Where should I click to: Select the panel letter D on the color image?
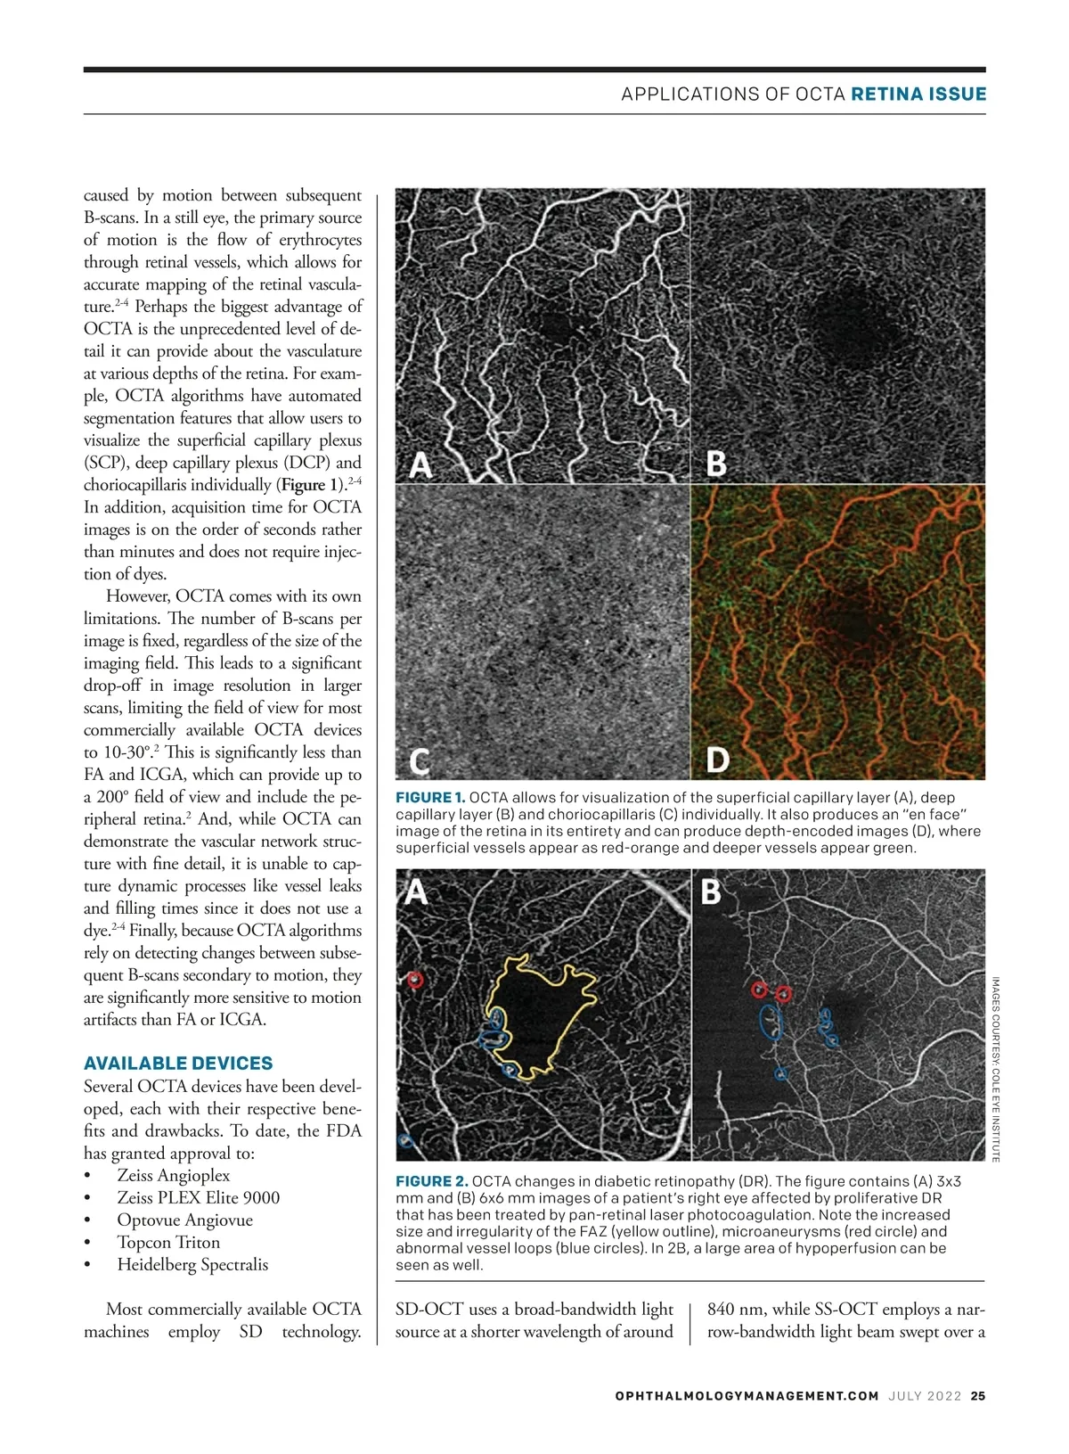pos(718,760)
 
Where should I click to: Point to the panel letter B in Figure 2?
pos(711,891)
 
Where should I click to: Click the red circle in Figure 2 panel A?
pos(415,980)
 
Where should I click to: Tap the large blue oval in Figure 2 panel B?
pos(771,1022)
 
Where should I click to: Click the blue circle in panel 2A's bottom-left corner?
pos(405,1140)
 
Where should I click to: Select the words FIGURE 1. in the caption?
pos(430,797)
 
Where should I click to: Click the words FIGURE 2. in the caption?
pos(431,1181)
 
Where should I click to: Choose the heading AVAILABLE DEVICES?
pos(178,1064)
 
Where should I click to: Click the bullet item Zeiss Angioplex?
pos(173,1175)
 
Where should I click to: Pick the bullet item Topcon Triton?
pos(168,1242)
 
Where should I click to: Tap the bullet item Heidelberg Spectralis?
pos(192,1264)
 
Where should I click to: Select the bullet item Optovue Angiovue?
pos(184,1220)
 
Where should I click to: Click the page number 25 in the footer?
pos(978,1396)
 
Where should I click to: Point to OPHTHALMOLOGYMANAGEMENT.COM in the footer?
pos(747,1396)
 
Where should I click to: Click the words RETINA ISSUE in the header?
pos(918,94)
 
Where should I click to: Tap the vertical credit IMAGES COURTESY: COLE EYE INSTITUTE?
pos(995,1069)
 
